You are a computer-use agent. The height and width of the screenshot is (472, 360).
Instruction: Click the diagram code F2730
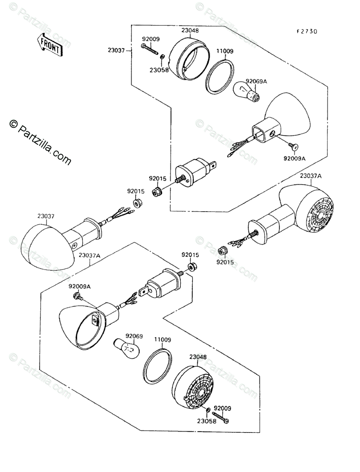pos(307,31)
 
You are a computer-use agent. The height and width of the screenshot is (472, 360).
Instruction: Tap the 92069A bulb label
pos(256,81)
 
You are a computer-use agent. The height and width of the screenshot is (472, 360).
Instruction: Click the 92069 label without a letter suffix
pos(134,336)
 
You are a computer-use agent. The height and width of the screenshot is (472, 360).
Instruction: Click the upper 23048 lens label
pos(190,30)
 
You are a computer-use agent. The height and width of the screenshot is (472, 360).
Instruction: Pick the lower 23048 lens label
pos(198,357)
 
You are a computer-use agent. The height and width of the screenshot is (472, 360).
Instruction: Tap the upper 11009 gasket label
pos(225,52)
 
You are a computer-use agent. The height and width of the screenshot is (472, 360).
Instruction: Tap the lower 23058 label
pos(207,421)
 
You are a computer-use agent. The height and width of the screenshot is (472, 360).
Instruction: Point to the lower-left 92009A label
pos(79,286)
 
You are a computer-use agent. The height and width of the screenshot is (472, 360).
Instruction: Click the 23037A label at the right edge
pos(311,176)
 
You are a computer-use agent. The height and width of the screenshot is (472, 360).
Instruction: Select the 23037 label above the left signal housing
pos(46,216)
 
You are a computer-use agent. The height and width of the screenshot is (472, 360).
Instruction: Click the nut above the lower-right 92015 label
pos(222,251)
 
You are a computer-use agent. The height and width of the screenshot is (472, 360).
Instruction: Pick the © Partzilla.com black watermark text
pos(41,142)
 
